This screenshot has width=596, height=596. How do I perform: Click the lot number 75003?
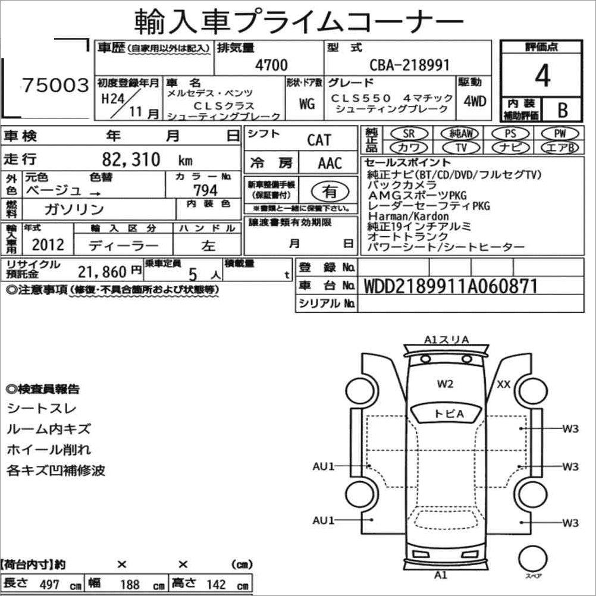point(55,85)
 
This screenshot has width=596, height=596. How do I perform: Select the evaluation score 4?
point(542,76)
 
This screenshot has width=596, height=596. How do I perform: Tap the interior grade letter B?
point(563,110)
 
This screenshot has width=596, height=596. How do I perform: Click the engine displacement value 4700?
point(271,65)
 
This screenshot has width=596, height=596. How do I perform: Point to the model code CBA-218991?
point(409,65)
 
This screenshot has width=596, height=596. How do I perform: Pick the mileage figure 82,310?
point(131,159)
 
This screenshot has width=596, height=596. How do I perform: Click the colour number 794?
point(205,190)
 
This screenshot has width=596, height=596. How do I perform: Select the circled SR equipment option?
point(409,133)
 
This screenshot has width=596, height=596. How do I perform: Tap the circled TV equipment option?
point(461,147)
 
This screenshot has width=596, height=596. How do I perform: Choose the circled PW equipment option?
point(560,133)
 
